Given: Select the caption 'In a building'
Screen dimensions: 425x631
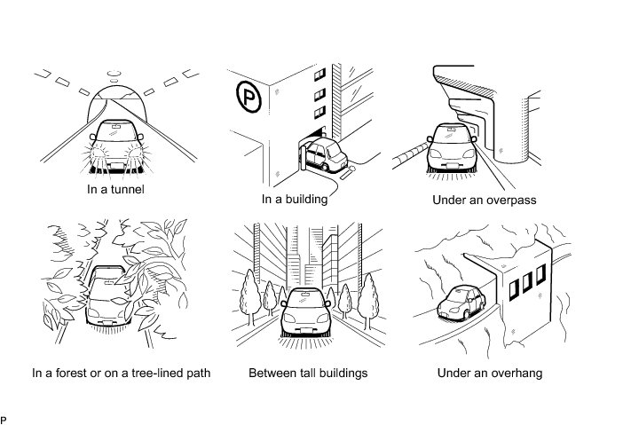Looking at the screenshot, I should tap(295, 199).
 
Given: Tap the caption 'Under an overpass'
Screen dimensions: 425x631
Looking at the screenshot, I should tap(484, 200).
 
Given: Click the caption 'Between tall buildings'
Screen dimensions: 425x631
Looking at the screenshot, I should tap(308, 373).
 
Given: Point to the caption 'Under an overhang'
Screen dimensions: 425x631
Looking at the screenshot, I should tap(490, 373).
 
